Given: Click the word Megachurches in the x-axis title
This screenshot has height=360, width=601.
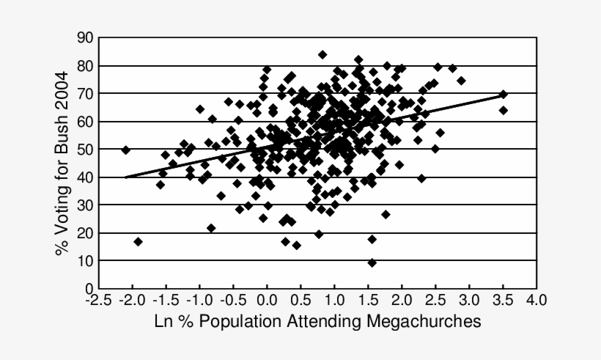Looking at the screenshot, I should (x=420, y=321).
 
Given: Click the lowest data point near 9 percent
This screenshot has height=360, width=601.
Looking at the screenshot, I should (x=372, y=262).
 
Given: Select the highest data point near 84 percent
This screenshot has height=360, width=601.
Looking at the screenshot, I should (x=322, y=54).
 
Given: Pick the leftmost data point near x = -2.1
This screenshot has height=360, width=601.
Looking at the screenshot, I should (x=125, y=150).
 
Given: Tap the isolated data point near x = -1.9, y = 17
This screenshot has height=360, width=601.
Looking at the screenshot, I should (x=138, y=241).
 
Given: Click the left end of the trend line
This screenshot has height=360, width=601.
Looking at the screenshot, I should (x=125, y=177).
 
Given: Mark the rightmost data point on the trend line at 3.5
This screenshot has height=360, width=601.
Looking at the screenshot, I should (x=504, y=95).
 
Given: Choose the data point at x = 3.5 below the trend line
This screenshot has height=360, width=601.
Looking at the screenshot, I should (x=504, y=110).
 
